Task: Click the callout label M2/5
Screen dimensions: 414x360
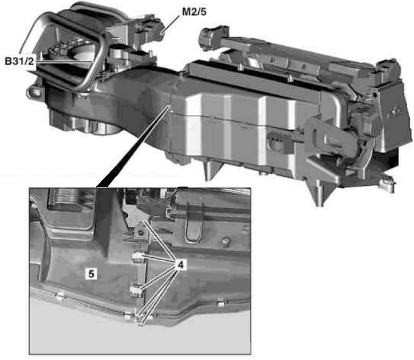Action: pos(194,11)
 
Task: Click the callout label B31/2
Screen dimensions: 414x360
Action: pos(19,61)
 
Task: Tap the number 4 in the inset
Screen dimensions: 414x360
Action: pos(180,265)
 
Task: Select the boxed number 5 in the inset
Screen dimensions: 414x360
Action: pos(91,274)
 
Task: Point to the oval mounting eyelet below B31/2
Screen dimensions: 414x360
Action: pos(34,93)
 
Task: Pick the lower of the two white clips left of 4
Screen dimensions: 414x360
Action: pos(136,290)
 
